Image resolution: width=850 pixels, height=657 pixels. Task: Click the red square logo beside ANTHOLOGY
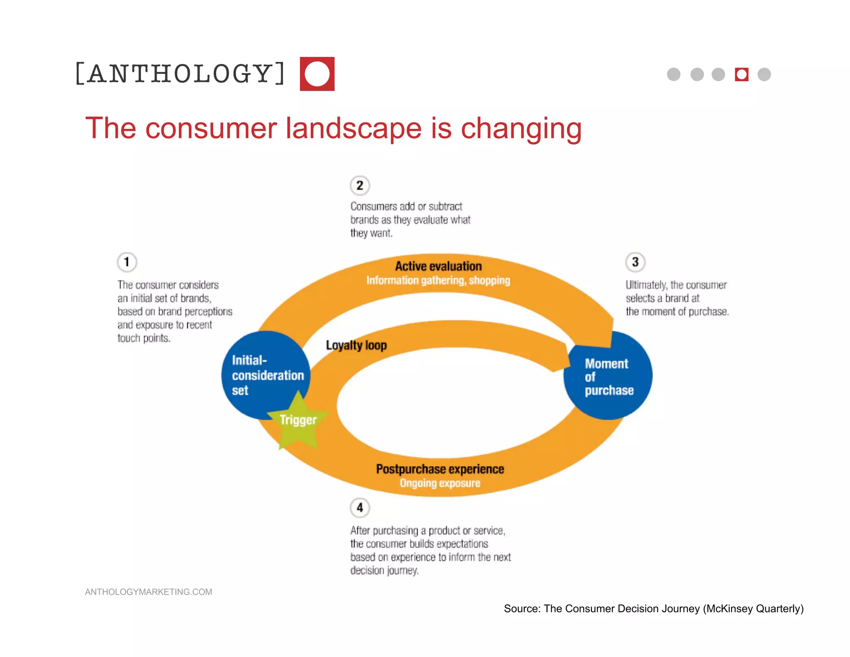click(317, 74)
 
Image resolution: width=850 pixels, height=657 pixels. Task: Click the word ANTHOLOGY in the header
click(180, 74)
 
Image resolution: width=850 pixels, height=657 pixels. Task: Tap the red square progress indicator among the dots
click(741, 74)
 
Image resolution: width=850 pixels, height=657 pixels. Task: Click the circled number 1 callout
click(127, 262)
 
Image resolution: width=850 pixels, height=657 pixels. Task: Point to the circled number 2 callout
click(360, 185)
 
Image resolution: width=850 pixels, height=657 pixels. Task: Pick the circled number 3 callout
click(635, 262)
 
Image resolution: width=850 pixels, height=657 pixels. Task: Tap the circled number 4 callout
click(360, 507)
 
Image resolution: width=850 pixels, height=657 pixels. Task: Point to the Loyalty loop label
click(356, 345)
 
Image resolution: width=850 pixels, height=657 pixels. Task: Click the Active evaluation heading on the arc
click(438, 266)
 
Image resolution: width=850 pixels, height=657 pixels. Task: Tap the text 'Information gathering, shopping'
click(438, 281)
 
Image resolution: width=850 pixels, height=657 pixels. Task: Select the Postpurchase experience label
click(440, 469)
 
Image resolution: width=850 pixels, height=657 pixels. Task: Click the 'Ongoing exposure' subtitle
click(440, 483)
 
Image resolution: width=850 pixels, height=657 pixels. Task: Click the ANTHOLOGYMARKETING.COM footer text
click(148, 592)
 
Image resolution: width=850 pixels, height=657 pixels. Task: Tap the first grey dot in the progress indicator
click(674, 74)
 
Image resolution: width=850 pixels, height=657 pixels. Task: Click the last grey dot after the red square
click(764, 74)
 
